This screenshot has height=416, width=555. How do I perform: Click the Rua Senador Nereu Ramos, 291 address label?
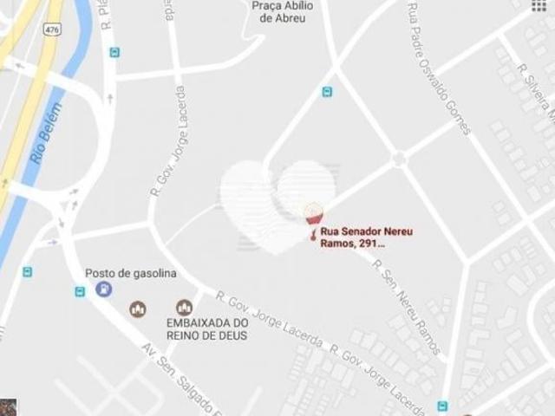click(358, 237)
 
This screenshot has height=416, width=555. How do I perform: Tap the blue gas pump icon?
click(104, 289)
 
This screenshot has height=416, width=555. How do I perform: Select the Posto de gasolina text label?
click(130, 274)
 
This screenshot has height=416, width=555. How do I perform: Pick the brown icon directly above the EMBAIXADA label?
click(184, 308)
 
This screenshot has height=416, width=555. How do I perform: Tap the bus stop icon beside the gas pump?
click(81, 291)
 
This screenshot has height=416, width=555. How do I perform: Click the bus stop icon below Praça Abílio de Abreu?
click(327, 92)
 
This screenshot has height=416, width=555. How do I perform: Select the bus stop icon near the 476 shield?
click(114, 52)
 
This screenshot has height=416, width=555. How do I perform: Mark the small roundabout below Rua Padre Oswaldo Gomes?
click(399, 159)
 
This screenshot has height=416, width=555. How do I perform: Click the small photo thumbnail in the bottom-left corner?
click(8, 407)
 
